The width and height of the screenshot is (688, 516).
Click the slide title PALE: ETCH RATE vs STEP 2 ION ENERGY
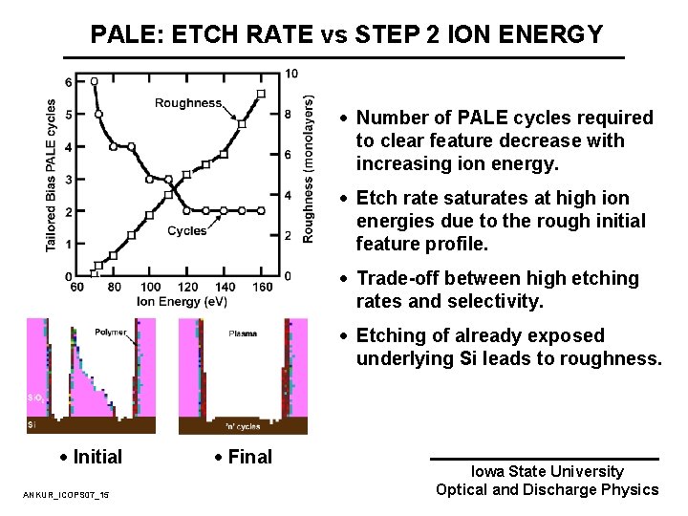347,34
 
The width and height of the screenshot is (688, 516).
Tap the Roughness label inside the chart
188,103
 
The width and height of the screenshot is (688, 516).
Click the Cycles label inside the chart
186,230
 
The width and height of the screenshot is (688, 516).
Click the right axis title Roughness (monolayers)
309,168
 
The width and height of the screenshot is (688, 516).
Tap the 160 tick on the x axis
261,287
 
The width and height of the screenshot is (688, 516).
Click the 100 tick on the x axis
150,287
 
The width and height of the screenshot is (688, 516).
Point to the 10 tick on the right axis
290,74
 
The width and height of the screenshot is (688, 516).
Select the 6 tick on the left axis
67,82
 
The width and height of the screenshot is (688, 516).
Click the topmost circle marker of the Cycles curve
94,81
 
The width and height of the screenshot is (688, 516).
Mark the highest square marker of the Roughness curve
261,94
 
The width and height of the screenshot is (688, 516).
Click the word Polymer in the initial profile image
111,333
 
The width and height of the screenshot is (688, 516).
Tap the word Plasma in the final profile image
243,333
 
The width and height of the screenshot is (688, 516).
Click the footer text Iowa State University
547,471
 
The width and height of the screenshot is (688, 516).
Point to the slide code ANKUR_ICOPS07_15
66,494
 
